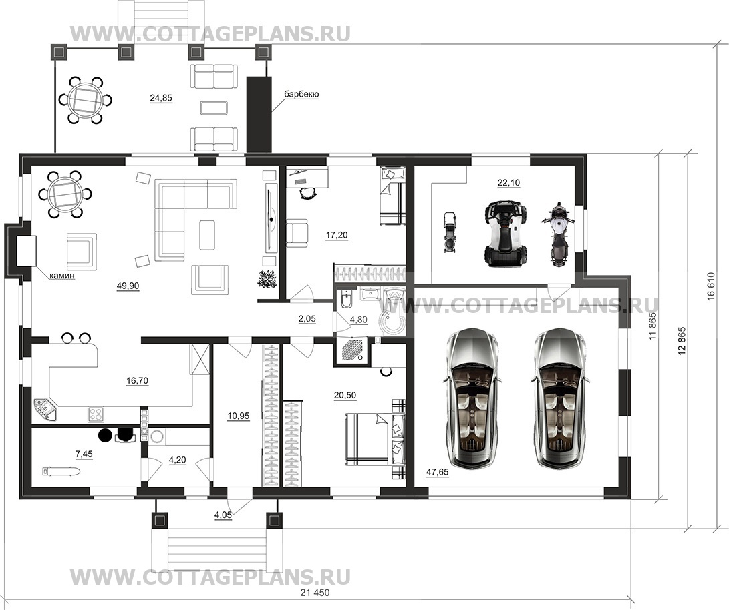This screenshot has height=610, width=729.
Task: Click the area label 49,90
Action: click(x=128, y=286)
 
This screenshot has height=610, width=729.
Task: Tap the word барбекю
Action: click(x=302, y=95)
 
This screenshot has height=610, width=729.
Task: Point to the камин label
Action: click(x=62, y=276)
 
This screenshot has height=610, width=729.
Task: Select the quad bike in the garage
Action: click(x=506, y=232)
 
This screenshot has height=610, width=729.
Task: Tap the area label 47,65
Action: click(x=437, y=473)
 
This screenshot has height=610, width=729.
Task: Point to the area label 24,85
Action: click(x=161, y=98)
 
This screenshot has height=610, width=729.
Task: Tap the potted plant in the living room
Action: click(x=267, y=278)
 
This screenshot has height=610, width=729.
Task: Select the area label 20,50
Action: click(x=345, y=396)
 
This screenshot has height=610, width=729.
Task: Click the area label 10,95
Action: click(x=239, y=416)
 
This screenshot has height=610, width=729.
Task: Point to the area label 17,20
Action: click(x=337, y=236)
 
